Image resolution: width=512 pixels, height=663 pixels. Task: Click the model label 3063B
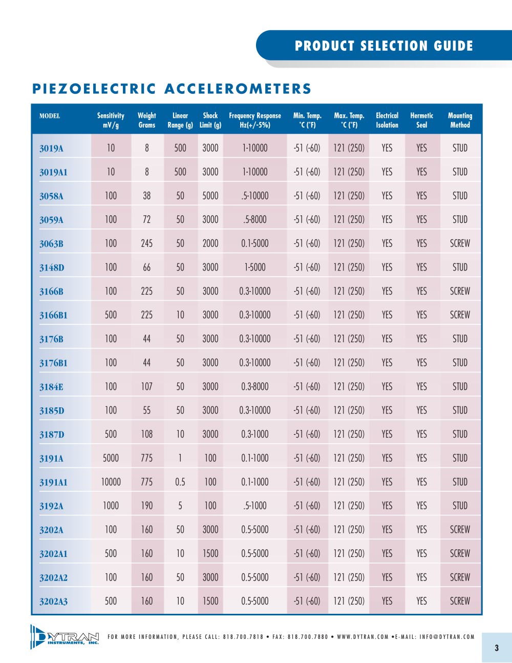click(x=51, y=244)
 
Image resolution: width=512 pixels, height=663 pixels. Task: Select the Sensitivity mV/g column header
click(x=111, y=120)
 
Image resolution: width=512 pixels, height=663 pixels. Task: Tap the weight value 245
click(x=146, y=243)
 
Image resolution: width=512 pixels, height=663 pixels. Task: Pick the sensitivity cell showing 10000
click(x=111, y=482)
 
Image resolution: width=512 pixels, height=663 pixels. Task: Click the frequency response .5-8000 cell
click(x=255, y=219)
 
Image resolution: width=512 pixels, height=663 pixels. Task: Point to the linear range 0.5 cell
click(x=180, y=482)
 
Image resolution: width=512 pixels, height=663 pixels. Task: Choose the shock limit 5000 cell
click(x=210, y=196)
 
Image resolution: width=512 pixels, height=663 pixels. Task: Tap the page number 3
click(x=497, y=648)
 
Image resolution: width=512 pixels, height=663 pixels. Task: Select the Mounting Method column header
click(x=460, y=120)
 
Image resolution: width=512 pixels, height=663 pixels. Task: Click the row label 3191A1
click(x=53, y=482)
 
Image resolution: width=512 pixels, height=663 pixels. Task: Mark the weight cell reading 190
click(x=146, y=506)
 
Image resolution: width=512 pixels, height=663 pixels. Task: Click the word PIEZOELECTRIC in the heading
click(x=94, y=89)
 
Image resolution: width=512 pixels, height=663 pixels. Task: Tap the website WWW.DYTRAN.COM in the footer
click(x=362, y=637)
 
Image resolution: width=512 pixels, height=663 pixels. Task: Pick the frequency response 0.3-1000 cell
click(x=255, y=434)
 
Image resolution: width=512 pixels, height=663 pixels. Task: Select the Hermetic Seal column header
click(x=421, y=120)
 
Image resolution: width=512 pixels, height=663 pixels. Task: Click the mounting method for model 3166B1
click(x=460, y=315)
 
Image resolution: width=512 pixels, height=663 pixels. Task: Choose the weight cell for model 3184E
click(x=146, y=386)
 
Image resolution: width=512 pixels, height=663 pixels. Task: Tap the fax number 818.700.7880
click(x=308, y=637)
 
